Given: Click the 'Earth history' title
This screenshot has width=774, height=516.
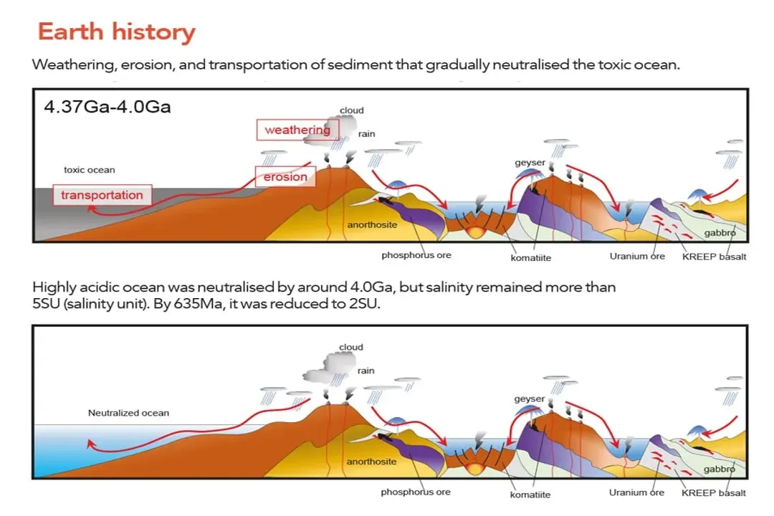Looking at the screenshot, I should coord(116,32).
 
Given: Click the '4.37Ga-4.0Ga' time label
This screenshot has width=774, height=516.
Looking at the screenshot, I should coord(107,107).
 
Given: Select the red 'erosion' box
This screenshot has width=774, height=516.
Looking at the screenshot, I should coord(285,177).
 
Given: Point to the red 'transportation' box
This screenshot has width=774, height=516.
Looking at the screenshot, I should coord(101,195).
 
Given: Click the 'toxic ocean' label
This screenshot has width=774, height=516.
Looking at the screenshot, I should coord(89,170).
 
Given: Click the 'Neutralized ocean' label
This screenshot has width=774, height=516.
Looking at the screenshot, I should coord(128,413).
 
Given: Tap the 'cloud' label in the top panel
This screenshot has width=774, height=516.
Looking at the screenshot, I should coord(351,110).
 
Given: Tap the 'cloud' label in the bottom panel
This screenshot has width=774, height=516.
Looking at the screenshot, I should coord(351,348).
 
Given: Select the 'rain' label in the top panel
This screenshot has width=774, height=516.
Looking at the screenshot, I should coord(366,134).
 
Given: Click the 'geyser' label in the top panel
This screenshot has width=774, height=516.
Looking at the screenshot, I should coord(530,163).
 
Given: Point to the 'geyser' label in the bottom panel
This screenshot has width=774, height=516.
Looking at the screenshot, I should coord(530,399).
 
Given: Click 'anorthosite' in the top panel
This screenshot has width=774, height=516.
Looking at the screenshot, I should coord(371,225).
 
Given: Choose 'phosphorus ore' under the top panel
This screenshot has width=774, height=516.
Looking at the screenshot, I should coord(416,256).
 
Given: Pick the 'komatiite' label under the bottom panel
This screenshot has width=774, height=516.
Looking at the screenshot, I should coord(530,494).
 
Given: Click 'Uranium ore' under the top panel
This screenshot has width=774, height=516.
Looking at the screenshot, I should coord(637,256).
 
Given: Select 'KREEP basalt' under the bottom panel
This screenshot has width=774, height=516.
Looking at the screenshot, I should coord(713,492).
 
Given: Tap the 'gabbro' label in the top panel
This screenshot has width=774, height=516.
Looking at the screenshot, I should coord(720,234).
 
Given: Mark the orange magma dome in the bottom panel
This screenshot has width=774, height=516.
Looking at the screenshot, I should coord(474,468).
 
